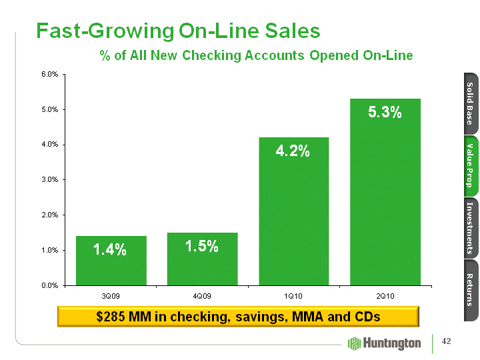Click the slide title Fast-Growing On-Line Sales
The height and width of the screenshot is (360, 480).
(x=178, y=31)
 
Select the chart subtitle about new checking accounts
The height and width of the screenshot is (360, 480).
(x=256, y=55)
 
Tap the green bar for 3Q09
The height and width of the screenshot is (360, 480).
(x=111, y=261)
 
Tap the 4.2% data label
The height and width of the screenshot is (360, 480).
(x=293, y=151)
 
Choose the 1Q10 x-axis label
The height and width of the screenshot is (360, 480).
(x=293, y=295)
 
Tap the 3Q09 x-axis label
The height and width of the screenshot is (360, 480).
(x=111, y=295)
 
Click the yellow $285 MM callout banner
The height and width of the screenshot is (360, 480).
(x=238, y=316)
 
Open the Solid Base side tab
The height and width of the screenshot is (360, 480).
(x=469, y=103)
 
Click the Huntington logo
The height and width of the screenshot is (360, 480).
(x=385, y=343)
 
